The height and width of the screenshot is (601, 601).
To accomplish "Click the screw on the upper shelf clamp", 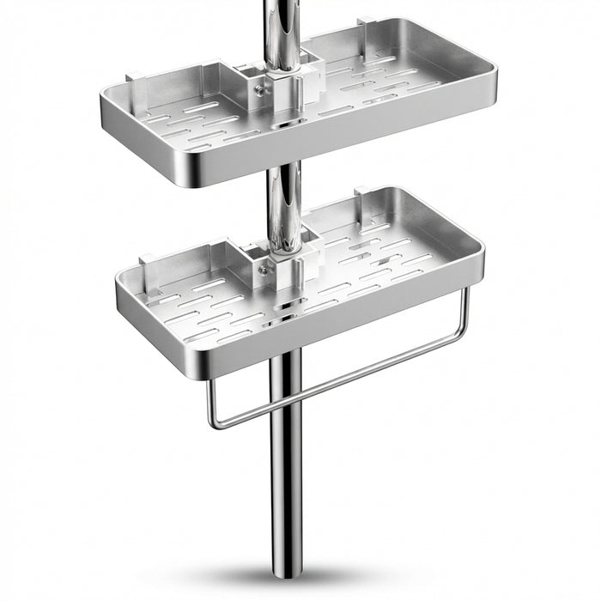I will pos(256,85).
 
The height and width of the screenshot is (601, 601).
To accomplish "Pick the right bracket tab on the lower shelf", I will pos(361,193).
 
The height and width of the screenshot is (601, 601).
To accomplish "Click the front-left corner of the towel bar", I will pos(212,422).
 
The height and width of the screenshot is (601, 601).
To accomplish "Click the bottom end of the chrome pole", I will pos(286,571).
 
